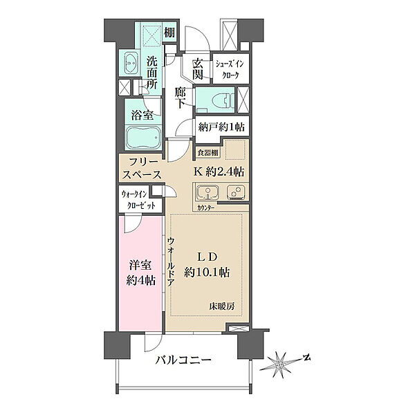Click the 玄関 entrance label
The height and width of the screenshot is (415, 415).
click(197, 69)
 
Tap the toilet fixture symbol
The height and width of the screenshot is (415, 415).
click(226, 100)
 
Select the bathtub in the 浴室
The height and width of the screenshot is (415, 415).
click(143, 138)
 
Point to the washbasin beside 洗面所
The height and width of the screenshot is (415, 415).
click(131, 63)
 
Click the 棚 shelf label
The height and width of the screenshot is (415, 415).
click(169, 33)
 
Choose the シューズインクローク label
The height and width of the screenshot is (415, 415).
click(230, 69)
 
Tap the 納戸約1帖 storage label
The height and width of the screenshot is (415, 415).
click(222, 127)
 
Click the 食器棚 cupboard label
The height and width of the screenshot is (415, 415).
click(208, 153)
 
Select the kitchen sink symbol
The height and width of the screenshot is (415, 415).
click(207, 192)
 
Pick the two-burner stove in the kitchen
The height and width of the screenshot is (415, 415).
click(236, 192)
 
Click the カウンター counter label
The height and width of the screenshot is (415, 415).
click(205, 208)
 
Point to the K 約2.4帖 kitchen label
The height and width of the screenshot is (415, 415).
click(219, 172)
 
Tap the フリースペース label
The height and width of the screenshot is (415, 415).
click(142, 168)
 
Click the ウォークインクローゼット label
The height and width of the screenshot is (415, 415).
click(138, 201)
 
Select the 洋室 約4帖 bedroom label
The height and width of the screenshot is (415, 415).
click(140, 273)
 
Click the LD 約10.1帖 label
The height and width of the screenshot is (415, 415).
click(207, 265)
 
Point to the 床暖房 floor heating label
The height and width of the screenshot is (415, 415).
click(222, 306)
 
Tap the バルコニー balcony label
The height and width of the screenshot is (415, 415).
click(183, 360)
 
